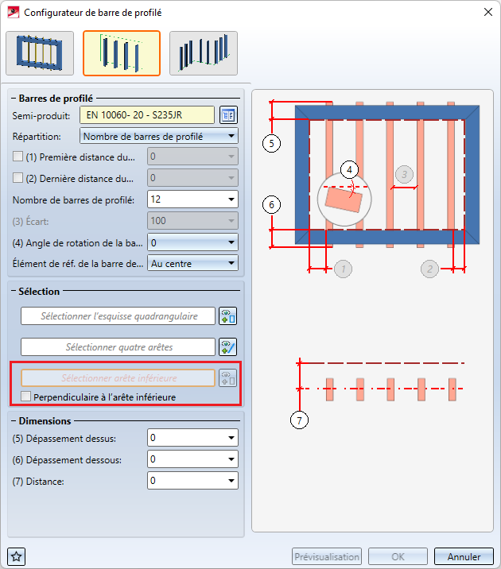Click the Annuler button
click(464, 556)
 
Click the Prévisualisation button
click(327, 556)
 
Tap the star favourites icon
click(17, 556)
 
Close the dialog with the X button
click(488, 12)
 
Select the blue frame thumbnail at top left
click(40, 53)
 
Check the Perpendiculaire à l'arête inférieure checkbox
click(25, 397)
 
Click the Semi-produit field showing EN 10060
click(147, 115)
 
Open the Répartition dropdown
click(159, 137)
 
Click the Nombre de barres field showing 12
click(192, 199)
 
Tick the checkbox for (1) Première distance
click(17, 157)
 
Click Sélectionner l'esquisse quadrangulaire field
click(118, 316)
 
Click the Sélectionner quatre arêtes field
click(118, 347)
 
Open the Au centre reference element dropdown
click(192, 264)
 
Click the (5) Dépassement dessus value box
click(192, 438)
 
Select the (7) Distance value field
click(192, 481)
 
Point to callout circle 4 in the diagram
click(349, 169)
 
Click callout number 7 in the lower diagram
click(299, 420)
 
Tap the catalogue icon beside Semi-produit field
click(228, 115)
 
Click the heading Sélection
click(39, 292)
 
